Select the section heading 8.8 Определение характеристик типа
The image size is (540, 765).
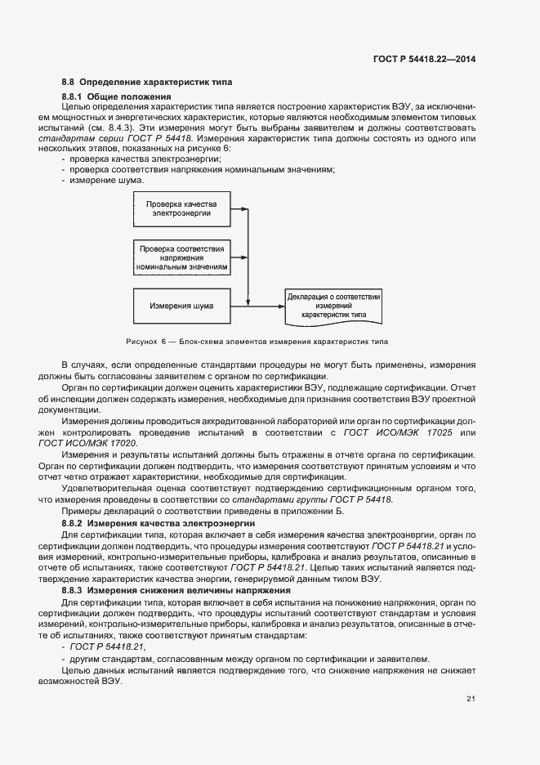[147, 83]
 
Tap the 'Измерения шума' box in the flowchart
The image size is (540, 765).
[181, 306]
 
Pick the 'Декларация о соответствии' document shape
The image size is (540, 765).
[333, 306]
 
